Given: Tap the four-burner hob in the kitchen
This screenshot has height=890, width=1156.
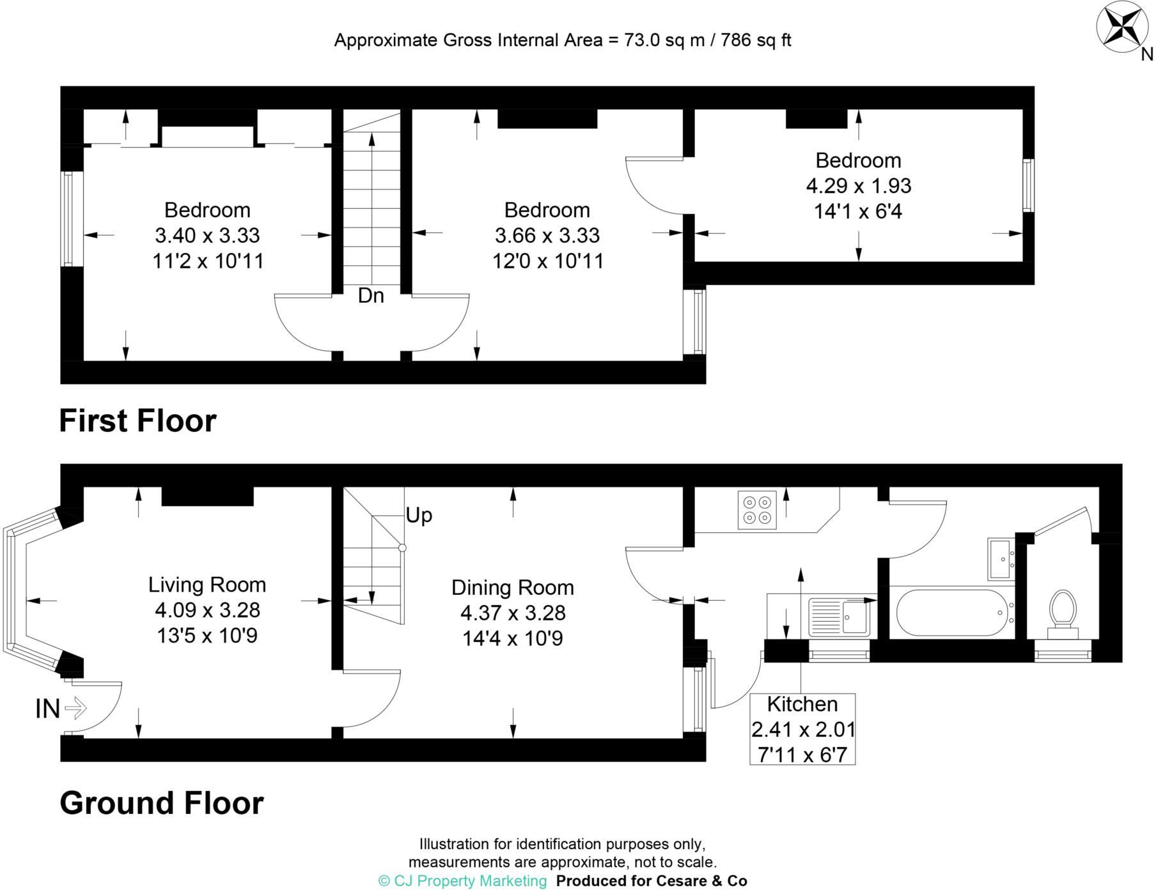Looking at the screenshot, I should (x=757, y=509).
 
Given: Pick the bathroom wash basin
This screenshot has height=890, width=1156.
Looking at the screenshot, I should (x=1001, y=558).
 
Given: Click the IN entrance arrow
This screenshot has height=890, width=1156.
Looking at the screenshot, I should (x=75, y=708).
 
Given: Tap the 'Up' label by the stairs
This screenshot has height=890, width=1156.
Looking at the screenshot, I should (x=419, y=515).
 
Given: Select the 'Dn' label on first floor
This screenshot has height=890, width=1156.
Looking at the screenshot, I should (x=371, y=296).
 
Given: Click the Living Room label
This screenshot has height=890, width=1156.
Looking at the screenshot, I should (x=207, y=585).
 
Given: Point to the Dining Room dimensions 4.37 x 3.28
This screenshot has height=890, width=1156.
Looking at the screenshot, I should (x=513, y=613).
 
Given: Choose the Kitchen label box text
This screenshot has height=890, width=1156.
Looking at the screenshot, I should (x=802, y=704).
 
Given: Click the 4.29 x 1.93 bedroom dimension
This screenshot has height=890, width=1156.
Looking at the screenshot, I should (x=858, y=186).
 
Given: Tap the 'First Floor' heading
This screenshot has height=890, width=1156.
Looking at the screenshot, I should (x=137, y=421).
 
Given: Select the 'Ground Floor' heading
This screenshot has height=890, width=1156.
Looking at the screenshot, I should (x=161, y=803).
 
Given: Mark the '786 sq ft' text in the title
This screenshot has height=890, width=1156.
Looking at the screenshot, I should (x=756, y=40).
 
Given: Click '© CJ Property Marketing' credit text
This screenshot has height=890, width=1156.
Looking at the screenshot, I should (x=463, y=881).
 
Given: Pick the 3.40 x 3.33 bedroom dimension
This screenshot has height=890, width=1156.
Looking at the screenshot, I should (x=207, y=235).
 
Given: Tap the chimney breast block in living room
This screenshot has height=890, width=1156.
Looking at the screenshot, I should (x=207, y=496).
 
